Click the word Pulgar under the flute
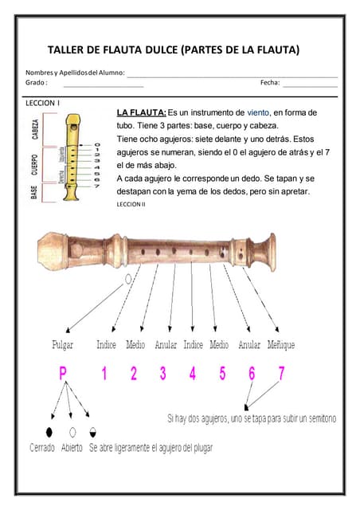(x=63, y=345)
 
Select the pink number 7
(x=281, y=372)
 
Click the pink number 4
(x=193, y=372)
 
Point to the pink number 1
(x=104, y=372)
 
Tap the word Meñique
(x=281, y=345)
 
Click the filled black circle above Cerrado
(x=49, y=431)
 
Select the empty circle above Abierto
(x=72, y=431)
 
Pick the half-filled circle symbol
(x=93, y=431)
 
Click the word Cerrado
(x=42, y=448)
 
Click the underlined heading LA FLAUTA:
(x=142, y=113)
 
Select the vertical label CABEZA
(x=36, y=129)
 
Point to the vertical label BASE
(x=35, y=192)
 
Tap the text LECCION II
(x=131, y=204)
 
